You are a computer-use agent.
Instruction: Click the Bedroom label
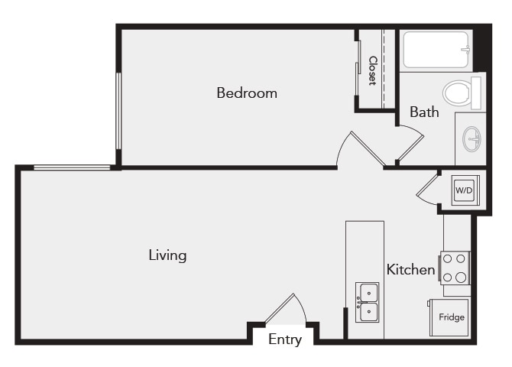[246, 93]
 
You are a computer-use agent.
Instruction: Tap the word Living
[167, 255]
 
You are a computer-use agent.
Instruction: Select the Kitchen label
[410, 269]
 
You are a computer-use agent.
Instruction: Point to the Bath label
[424, 112]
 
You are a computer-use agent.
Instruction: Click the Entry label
[285, 339]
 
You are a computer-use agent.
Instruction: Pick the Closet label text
[373, 70]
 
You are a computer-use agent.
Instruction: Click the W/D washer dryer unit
[464, 190]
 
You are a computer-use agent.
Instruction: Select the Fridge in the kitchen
[450, 317]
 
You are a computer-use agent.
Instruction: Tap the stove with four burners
[455, 268]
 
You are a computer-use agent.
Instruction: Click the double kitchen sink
[368, 302]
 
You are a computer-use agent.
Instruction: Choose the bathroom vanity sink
[473, 139]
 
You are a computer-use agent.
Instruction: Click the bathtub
[436, 50]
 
